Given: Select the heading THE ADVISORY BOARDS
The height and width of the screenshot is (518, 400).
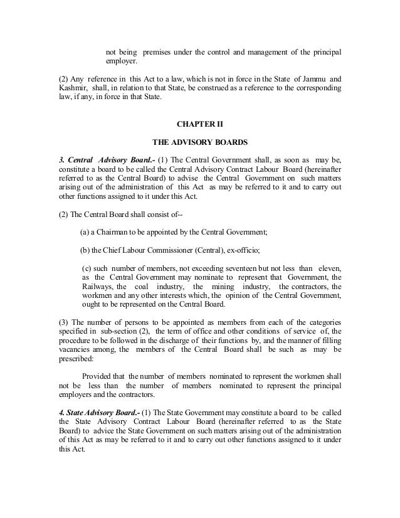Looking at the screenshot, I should (200, 141).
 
